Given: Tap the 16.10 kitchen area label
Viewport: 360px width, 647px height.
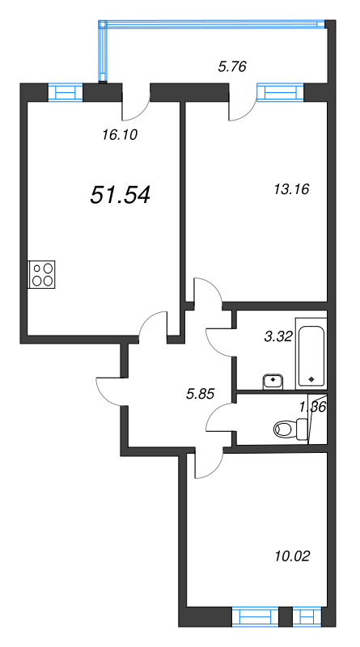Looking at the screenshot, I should pos(121,135).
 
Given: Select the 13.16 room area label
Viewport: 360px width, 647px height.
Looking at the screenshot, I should pos(292,190).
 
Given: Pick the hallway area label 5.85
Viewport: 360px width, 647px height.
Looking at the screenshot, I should pos(202,395).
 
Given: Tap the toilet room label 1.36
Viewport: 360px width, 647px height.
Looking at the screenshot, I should pos(311,407).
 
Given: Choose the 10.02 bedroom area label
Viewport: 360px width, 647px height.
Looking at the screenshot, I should pos(292,556).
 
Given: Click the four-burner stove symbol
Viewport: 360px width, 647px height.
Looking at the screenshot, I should pos(42,275).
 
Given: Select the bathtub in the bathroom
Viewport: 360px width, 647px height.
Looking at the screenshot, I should pos(311,355).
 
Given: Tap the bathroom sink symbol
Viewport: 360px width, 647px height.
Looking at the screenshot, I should pos(273,378).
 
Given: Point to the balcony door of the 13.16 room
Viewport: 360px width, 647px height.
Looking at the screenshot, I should pos(240,102).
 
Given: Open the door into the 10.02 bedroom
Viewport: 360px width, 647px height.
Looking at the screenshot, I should pos(208,463).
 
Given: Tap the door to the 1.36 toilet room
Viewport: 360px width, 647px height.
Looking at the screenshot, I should pos(219,421).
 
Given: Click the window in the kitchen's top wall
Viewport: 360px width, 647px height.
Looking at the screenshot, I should pos(65,91).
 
